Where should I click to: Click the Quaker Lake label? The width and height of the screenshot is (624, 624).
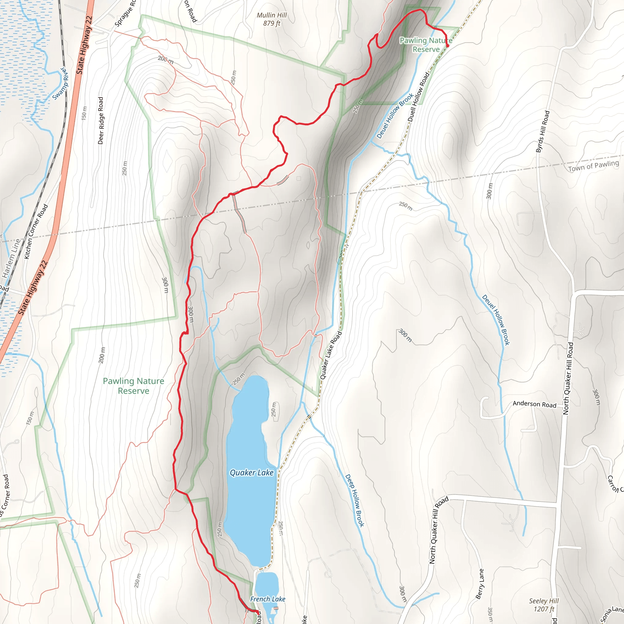[x=251, y=473]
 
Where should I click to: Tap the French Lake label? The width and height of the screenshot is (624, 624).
[x=268, y=599]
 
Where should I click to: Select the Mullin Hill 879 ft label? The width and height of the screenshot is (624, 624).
[x=271, y=19]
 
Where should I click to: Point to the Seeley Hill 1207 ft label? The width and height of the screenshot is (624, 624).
[x=544, y=605]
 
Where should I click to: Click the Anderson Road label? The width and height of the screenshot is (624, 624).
[x=534, y=404]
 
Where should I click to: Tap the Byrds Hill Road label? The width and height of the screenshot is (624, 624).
[x=543, y=131]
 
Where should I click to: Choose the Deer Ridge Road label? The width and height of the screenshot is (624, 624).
[x=101, y=120]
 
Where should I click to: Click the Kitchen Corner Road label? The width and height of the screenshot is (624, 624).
[x=36, y=231]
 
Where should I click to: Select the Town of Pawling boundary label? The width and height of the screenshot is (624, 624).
[x=593, y=166]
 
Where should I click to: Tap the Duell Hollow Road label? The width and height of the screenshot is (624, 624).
[x=419, y=97]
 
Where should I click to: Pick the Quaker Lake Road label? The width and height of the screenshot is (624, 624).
[x=331, y=355]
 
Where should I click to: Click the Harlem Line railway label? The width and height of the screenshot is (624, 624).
[x=11, y=258]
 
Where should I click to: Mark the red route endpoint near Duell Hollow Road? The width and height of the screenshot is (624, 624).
[x=448, y=46]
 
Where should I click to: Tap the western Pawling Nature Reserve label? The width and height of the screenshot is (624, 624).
[x=133, y=386]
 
